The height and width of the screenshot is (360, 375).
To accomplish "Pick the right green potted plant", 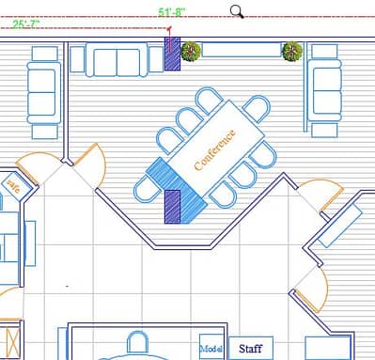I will pyautogui.click(x=292, y=52).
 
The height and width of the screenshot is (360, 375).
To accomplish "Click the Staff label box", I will pyautogui.click(x=250, y=349).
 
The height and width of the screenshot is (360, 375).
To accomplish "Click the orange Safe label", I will pyautogui.click(x=13, y=185).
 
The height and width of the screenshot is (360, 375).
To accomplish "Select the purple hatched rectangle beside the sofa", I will pyautogui.click(x=171, y=55).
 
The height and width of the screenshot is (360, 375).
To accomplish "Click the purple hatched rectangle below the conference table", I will pyautogui.click(x=173, y=205).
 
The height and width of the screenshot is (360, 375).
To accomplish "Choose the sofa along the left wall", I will pyautogui.click(x=43, y=88).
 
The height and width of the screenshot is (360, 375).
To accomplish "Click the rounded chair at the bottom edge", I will pyautogui.click(x=138, y=345).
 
